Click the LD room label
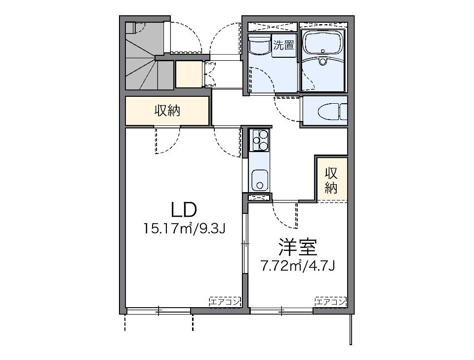coord(184,210)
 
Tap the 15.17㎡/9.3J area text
coord(184,229)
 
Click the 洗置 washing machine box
coord(284,46)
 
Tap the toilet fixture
coord(329,112)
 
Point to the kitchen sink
coord(259,179)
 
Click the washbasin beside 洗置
coord(259,44)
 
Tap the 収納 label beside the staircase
coord(167,111)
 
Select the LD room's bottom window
coord(158,311)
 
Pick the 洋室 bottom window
coord(281,311)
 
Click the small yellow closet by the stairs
coord(188,74)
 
